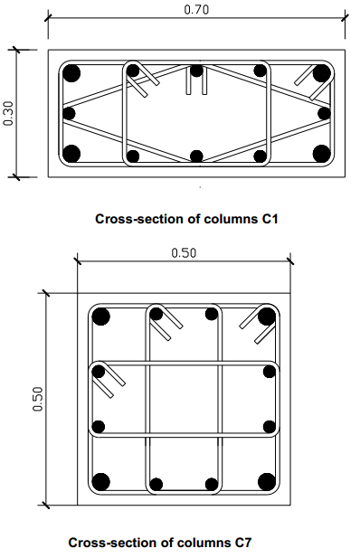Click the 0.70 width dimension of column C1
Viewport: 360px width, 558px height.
tap(196, 10)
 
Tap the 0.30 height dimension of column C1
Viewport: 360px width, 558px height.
tap(8, 114)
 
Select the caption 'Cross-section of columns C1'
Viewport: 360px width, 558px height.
tap(186, 219)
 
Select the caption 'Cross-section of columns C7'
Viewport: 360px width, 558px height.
tap(159, 543)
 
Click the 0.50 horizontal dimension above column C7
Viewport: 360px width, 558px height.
tap(184, 252)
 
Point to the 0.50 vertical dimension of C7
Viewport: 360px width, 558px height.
tap(38, 399)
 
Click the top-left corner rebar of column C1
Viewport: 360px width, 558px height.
tap(71, 73)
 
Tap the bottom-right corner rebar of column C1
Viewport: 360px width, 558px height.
tap(321, 154)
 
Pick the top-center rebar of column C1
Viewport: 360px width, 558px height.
tap(196, 71)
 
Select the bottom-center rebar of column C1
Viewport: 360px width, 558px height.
tap(196, 156)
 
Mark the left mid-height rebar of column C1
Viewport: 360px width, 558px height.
tap(69, 114)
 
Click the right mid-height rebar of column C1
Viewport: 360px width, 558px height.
tap(325, 114)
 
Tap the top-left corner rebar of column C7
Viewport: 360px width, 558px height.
tap(100, 317)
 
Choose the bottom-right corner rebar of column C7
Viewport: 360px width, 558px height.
tap(267, 482)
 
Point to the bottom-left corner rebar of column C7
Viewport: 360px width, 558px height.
tap(100, 482)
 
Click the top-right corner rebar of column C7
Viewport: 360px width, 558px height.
tap(267, 317)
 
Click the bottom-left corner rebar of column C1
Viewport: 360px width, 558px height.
tap(71, 154)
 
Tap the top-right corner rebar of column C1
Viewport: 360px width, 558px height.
tap(321, 73)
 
